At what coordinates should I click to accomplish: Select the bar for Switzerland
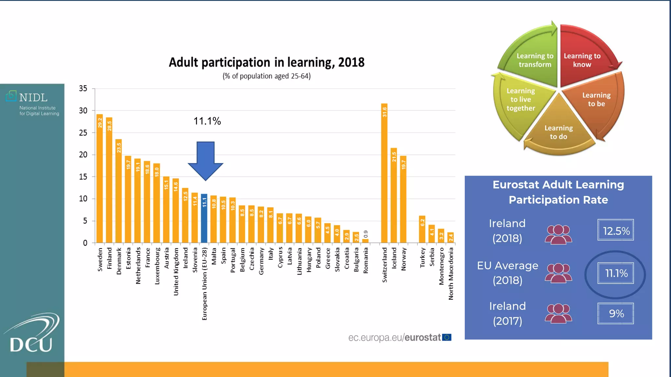tap(384, 173)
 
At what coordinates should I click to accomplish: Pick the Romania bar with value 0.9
tap(365, 241)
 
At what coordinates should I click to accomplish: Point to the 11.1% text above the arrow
tap(207, 121)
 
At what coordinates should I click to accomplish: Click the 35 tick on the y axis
tap(83, 88)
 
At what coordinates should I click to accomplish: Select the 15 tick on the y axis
tap(83, 177)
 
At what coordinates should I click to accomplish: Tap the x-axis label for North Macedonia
tap(451, 274)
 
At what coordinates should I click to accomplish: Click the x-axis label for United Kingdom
tap(176, 272)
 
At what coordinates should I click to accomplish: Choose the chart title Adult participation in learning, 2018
tap(266, 62)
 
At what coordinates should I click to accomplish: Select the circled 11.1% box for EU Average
tap(616, 273)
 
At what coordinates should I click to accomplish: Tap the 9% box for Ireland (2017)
tap(616, 314)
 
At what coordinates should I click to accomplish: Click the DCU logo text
tap(31, 344)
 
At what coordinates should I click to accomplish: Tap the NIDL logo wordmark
tap(33, 98)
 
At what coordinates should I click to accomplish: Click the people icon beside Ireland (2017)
tap(558, 313)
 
